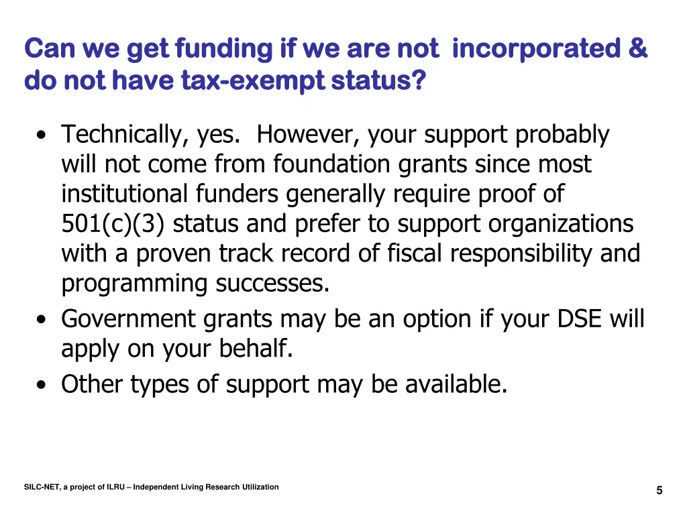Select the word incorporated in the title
pos(536,49)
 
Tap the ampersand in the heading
pos(639,49)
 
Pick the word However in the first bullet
pos(309,135)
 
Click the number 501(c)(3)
pos(114,223)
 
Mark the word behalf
pos(257,349)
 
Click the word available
pos(456,384)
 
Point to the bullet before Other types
pos(42,386)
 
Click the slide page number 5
pos(659,490)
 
